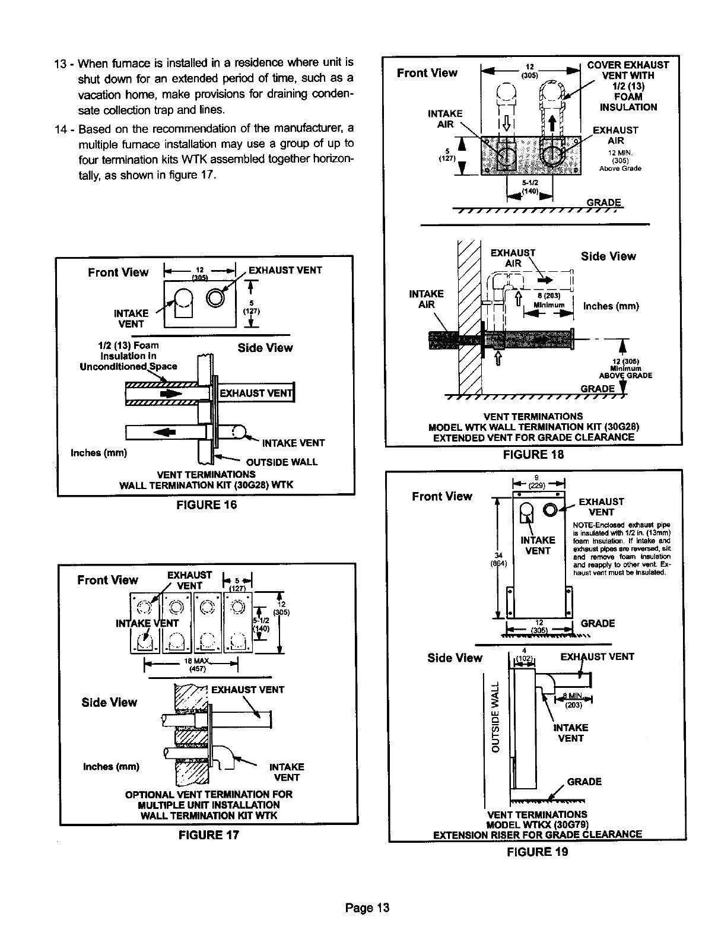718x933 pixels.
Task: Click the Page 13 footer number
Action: pos(368,907)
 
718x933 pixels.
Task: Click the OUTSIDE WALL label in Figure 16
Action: pos(282,462)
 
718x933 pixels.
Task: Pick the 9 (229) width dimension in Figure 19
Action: pos(536,480)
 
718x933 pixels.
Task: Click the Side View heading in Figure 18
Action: pos(608,256)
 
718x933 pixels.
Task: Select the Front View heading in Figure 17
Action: pos(107,580)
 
